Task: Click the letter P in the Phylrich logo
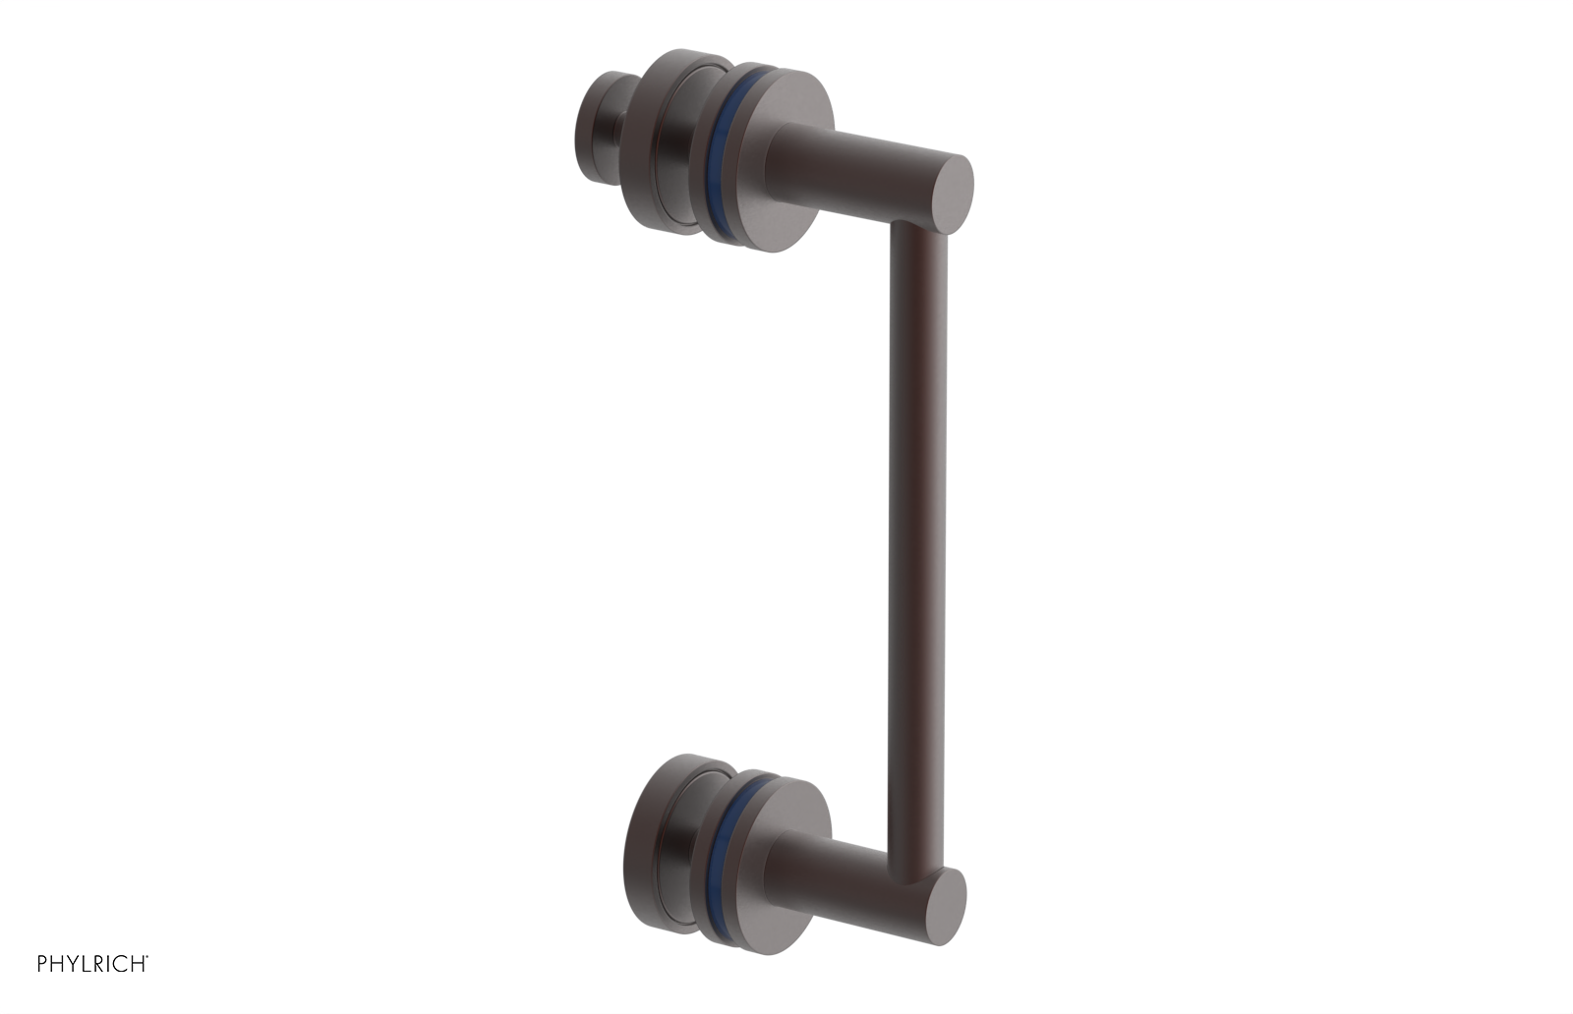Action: click(x=42, y=964)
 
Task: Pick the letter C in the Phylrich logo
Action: click(x=122, y=964)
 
